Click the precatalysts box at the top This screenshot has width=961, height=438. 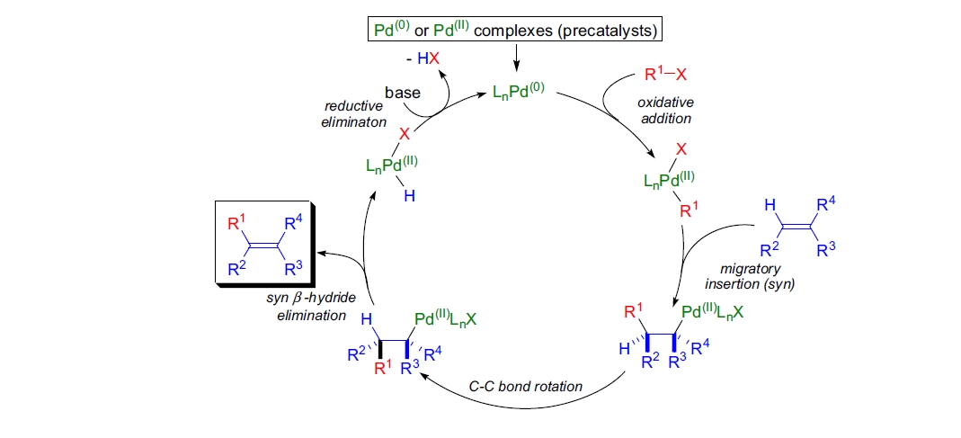click(x=517, y=31)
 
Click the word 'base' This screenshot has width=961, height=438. click(x=403, y=92)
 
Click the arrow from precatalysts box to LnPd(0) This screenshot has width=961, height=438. click(x=517, y=58)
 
